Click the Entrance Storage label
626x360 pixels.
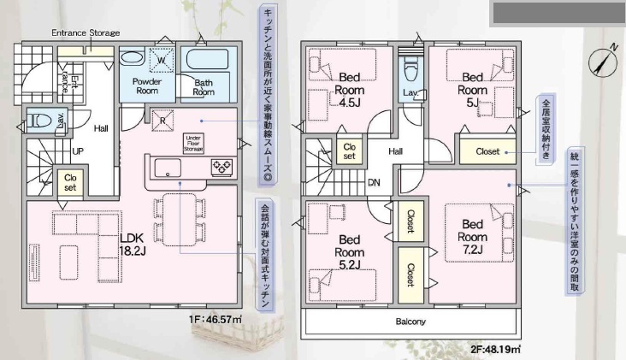86,32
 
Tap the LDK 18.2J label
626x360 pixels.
133,245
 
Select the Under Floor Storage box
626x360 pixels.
193,144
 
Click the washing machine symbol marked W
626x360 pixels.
162,60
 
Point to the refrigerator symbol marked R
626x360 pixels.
162,120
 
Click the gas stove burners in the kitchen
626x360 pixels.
222,167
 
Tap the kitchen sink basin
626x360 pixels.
168,168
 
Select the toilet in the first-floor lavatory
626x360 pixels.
40,120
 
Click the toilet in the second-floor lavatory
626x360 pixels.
410,69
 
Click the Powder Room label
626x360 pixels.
147,86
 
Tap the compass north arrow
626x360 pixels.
603,61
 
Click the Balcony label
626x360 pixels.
410,322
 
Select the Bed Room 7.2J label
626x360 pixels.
473,237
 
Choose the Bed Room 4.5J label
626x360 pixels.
350,90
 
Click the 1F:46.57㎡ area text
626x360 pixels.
216,319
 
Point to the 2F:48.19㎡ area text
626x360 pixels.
495,350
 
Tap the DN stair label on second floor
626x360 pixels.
374,183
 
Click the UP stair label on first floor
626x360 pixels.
78,151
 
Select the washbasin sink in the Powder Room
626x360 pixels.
133,58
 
